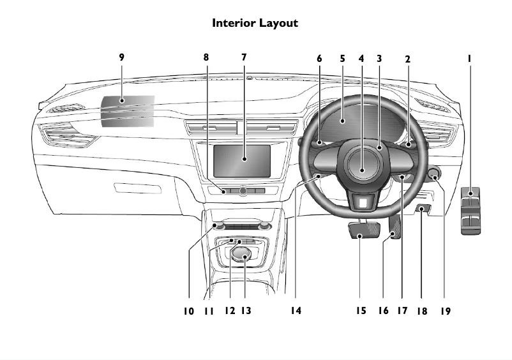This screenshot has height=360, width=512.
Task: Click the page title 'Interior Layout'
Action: tap(255, 23)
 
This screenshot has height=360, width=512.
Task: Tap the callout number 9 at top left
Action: tap(121, 57)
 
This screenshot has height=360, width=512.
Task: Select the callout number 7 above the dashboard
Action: tap(243, 57)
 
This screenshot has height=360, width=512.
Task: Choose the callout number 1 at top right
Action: tap(469, 58)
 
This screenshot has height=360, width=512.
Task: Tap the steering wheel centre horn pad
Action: tap(361, 170)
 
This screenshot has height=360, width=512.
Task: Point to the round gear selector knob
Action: tap(241, 255)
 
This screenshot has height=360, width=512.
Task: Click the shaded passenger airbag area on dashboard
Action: tap(128, 109)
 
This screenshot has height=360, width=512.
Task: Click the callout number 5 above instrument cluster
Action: tap(342, 58)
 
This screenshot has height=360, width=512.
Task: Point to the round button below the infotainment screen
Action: tap(243, 191)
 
